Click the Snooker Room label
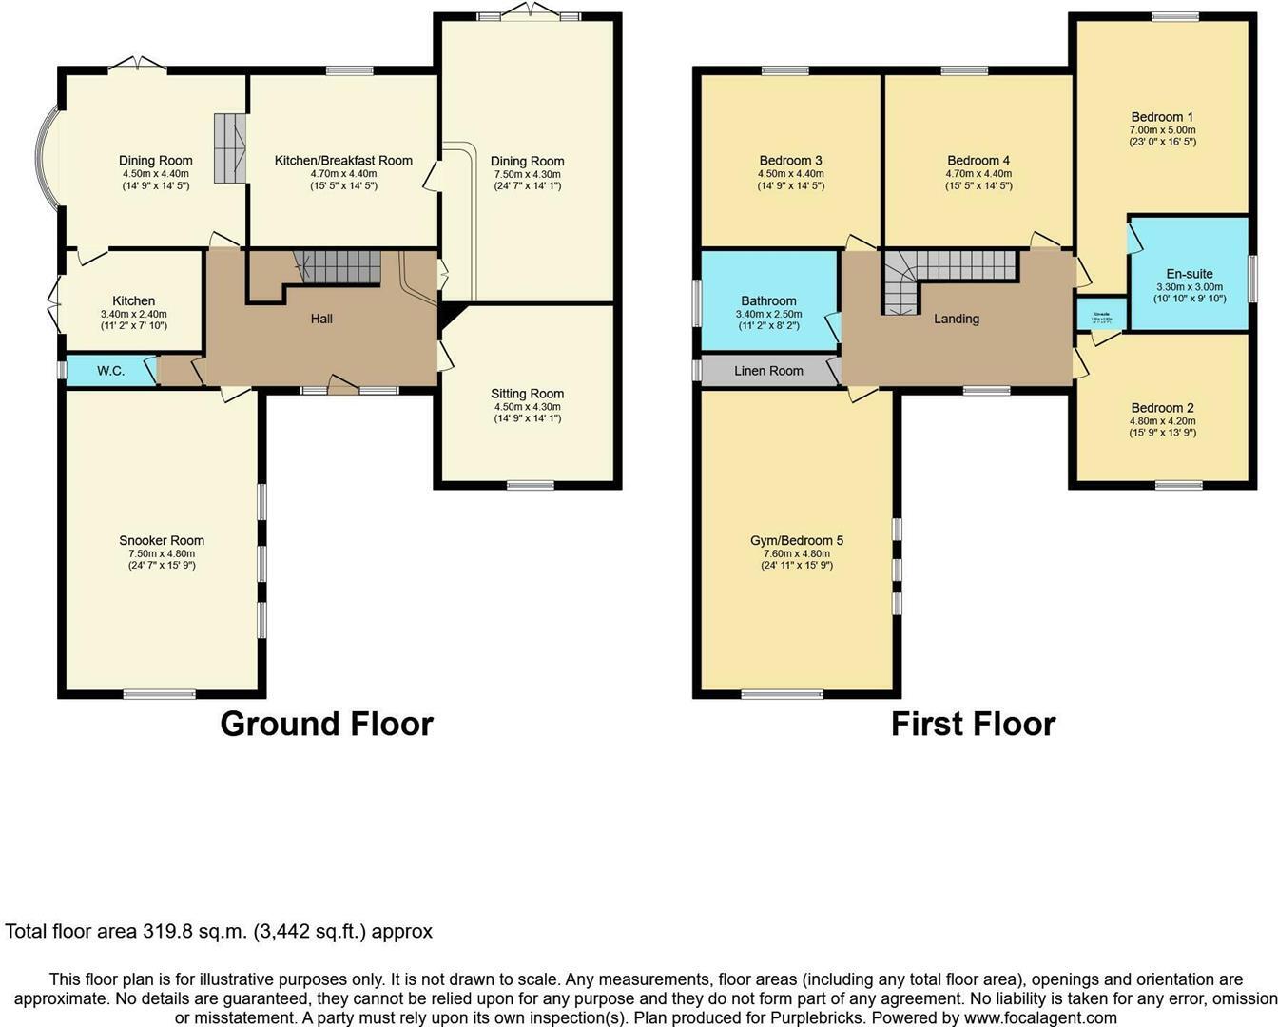point(162,540)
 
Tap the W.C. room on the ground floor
point(110,371)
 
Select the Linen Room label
point(768,371)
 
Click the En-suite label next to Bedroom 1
point(1189,274)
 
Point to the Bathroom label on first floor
point(768,300)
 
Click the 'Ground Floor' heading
point(326,724)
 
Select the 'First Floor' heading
point(973,724)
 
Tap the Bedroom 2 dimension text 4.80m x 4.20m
point(1162,420)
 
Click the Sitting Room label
point(527,394)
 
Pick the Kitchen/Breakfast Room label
point(343,161)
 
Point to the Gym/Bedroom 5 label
point(796,540)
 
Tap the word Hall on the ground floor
point(321,319)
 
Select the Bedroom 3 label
point(790,161)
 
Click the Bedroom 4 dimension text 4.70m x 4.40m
point(978,174)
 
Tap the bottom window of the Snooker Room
point(159,693)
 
